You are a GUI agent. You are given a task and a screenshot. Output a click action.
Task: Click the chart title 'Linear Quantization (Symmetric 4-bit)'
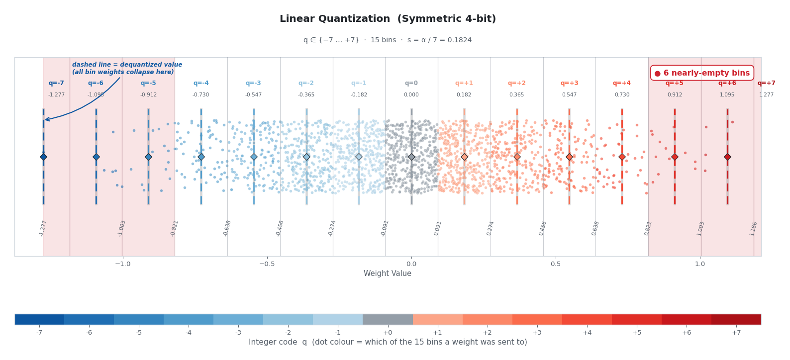(x=388, y=19)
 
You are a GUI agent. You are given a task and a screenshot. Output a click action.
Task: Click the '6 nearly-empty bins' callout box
(x=701, y=73)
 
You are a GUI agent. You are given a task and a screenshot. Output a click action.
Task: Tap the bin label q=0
(x=411, y=84)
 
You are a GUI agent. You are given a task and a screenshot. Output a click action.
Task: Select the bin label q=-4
(x=201, y=84)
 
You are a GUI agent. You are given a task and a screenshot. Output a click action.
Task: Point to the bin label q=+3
(x=569, y=84)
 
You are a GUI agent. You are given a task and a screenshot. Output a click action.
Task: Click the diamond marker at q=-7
(x=43, y=157)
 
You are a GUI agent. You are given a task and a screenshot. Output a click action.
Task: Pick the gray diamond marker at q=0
(x=411, y=157)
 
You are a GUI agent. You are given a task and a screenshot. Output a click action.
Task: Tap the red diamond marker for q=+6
(x=727, y=157)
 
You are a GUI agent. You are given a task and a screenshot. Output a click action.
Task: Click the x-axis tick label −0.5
(x=267, y=264)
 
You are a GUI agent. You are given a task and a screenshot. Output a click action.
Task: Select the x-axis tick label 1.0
(x=700, y=264)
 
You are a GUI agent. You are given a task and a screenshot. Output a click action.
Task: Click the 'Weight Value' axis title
(x=388, y=274)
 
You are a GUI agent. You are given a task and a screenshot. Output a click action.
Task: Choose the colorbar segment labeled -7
(x=39, y=319)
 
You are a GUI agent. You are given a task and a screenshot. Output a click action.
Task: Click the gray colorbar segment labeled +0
(x=388, y=319)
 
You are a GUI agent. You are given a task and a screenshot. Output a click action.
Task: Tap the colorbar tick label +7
(x=736, y=333)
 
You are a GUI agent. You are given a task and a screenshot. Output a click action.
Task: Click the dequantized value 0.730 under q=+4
(x=622, y=95)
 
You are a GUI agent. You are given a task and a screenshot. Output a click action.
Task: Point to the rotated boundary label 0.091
(x=438, y=228)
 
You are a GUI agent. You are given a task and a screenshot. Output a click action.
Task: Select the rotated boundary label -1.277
(x=43, y=228)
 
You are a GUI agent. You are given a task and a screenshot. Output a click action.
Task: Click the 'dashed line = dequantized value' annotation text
(x=127, y=69)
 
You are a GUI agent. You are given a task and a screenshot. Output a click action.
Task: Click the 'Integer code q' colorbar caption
(x=388, y=343)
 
